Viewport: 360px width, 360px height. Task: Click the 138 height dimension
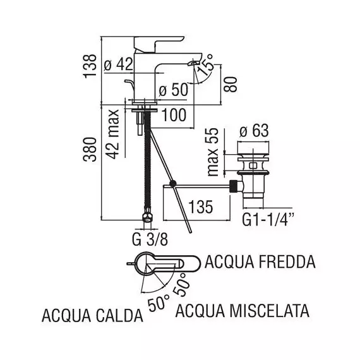pos(90,66)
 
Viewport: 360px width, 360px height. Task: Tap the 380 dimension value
pos(90,150)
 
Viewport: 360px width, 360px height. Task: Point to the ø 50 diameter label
pos(174,89)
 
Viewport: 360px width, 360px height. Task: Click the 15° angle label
pos(205,65)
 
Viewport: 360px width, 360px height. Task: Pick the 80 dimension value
pos(230,84)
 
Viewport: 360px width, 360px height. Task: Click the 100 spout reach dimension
pos(174,115)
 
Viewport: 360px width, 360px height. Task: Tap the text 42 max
pos(112,135)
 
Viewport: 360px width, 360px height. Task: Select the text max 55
pos(212,152)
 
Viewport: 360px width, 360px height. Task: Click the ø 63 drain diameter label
pos(254,131)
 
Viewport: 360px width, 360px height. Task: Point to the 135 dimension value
pos(201,207)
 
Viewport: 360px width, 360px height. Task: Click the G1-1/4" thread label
pos(268,220)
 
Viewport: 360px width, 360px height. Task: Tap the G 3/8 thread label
pos(150,240)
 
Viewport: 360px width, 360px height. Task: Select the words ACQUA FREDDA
pos(260,262)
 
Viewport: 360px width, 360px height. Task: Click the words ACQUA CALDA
pos(92,316)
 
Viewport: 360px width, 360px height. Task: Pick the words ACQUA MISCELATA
pos(243,311)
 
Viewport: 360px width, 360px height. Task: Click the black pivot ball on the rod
pos(173,183)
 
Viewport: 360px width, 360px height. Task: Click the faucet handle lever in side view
pos(159,43)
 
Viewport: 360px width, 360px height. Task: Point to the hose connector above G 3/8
pos(147,215)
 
